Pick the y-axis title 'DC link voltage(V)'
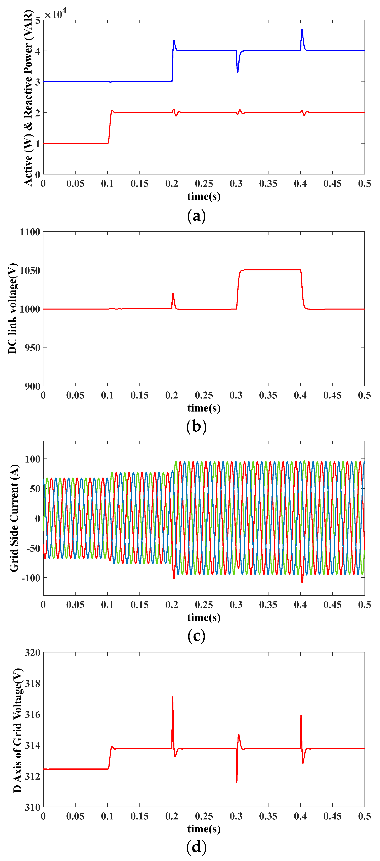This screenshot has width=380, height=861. click(12, 309)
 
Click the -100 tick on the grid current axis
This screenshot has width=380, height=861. click(30, 578)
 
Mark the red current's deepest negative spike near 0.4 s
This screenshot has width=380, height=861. click(302, 582)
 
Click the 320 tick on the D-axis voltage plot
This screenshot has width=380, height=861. click(32, 653)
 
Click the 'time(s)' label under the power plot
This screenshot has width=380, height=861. click(204, 196)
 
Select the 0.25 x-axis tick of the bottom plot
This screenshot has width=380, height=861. click(204, 816)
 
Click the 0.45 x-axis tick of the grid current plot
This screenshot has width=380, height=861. click(332, 605)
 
